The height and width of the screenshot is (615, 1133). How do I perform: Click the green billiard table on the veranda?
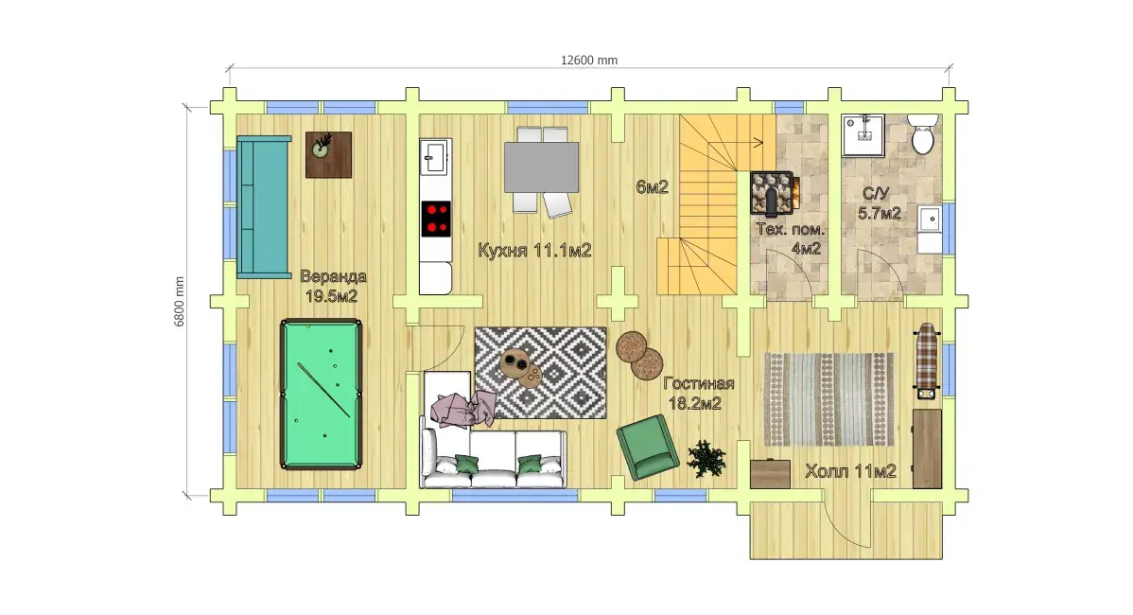coord(321,395)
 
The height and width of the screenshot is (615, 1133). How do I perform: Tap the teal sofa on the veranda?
coord(263,207)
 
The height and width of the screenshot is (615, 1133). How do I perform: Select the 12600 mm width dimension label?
coord(589,61)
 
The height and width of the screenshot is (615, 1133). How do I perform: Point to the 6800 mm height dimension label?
coord(179,302)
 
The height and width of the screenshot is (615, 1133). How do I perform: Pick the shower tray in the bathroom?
coord(863,135)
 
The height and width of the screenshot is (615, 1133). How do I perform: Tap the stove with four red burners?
coord(436,219)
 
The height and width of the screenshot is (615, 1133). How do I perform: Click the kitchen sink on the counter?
coord(436,156)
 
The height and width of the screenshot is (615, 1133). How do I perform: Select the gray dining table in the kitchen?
coord(541,167)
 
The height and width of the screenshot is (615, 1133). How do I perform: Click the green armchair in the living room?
coord(648,447)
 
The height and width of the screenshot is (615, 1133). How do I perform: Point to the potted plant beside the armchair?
coord(706,458)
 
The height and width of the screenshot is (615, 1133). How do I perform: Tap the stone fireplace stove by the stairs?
coord(774,193)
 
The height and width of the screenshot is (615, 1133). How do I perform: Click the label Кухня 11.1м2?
coord(534,250)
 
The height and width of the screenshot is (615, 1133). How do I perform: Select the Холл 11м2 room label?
coord(850,471)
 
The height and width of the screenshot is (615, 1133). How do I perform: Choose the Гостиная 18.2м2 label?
coord(697,394)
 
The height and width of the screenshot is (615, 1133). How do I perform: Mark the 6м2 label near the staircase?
coord(652,187)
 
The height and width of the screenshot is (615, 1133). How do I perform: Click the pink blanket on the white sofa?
coord(463,409)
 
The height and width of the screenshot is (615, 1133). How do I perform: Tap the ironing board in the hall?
coord(926,360)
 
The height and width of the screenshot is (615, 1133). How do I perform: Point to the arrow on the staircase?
coord(736,143)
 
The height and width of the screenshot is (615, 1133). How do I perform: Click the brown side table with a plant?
coord(329,154)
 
